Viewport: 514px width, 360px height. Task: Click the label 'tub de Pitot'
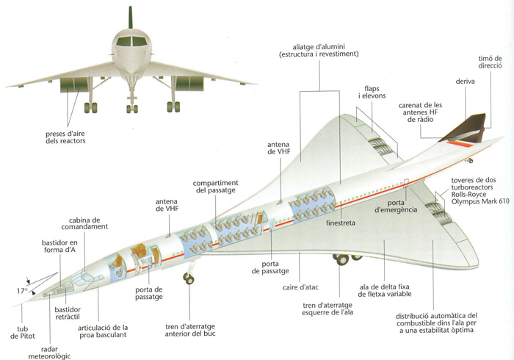pyautogui.click(x=22, y=333)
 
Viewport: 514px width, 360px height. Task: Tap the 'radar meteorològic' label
pyautogui.click(x=49, y=353)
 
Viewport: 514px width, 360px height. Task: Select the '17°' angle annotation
pyautogui.click(x=22, y=291)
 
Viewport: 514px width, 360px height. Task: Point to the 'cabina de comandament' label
pyautogui.click(x=84, y=223)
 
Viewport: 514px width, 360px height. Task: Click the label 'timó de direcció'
pyautogui.click(x=490, y=62)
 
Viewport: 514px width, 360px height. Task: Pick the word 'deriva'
pyautogui.click(x=465, y=82)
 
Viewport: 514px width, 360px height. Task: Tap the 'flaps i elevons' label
pyautogui.click(x=372, y=92)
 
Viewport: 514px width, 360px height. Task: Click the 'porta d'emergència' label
pyautogui.click(x=396, y=206)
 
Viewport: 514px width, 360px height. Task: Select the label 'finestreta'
pyautogui.click(x=341, y=223)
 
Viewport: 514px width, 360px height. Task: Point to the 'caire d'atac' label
pyautogui.click(x=300, y=287)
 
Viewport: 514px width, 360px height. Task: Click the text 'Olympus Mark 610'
pyautogui.click(x=480, y=201)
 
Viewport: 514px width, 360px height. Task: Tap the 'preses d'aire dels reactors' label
pyautogui.click(x=65, y=137)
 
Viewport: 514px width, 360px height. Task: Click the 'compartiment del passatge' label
pyautogui.click(x=215, y=187)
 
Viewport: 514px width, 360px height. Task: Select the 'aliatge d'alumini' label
pyautogui.click(x=319, y=47)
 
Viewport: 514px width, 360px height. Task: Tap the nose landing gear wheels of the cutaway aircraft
pyautogui.click(x=189, y=278)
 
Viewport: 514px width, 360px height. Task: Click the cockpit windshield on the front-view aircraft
pyautogui.click(x=131, y=41)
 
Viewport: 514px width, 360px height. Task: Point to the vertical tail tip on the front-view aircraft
pyautogui.click(x=131, y=7)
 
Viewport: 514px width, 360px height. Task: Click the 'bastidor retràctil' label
pyautogui.click(x=68, y=313)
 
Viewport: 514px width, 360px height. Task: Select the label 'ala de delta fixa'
pyautogui.click(x=384, y=287)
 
